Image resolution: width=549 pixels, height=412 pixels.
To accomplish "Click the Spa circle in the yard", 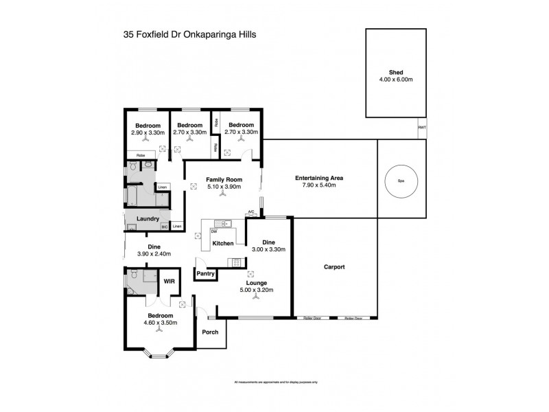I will pyautogui.click(x=399, y=181).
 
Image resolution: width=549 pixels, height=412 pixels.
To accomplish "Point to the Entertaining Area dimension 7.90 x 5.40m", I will pyautogui.click(x=318, y=185).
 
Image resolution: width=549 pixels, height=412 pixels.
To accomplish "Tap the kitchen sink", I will pyautogui.click(x=221, y=223).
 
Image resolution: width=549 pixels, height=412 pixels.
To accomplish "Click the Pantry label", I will pyautogui.click(x=206, y=274).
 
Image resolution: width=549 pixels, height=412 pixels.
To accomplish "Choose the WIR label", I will pyautogui.click(x=170, y=280).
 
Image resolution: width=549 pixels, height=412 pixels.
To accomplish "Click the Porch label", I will pyautogui.click(x=209, y=332).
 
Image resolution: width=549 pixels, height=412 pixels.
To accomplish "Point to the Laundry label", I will pyautogui.click(x=148, y=219).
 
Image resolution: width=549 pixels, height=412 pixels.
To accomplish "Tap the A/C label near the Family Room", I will pyautogui.click(x=250, y=212).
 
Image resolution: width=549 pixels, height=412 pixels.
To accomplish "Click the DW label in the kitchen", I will pyautogui.click(x=214, y=231).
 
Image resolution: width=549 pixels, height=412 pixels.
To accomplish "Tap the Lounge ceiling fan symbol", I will pyautogui.click(x=255, y=298).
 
